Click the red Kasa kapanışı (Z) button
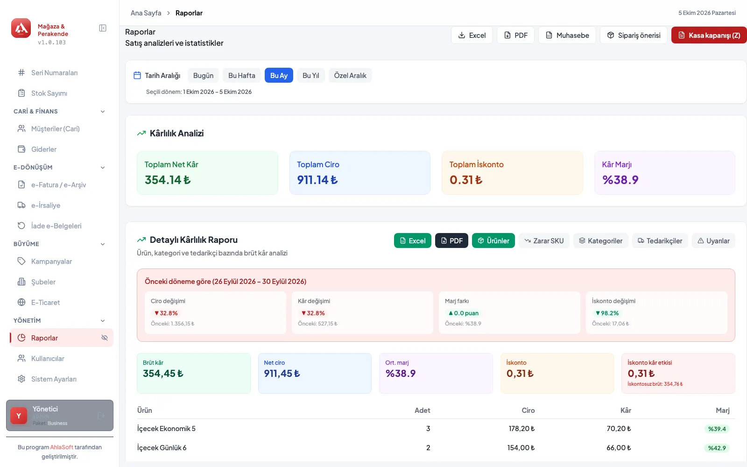coord(709,35)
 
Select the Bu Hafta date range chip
coord(242,75)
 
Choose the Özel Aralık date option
coord(350,75)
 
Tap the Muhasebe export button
coord(567,35)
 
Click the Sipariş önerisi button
coord(634,35)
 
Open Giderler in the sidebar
coord(44,149)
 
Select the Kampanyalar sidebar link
coord(51,261)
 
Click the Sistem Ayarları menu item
coord(54,379)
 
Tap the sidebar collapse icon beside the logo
coord(103,28)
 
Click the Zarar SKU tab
coord(544,241)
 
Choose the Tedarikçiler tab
coord(660,241)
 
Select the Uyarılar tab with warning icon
coord(714,241)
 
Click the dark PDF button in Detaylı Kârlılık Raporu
coord(451,241)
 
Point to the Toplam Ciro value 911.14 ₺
coord(317,180)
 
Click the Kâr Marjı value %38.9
coord(620,180)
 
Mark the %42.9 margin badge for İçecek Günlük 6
coord(717,448)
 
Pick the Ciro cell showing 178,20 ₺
coord(521,428)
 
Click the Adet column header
coord(422,410)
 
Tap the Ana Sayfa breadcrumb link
coord(146,13)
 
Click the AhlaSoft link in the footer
coord(62,447)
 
